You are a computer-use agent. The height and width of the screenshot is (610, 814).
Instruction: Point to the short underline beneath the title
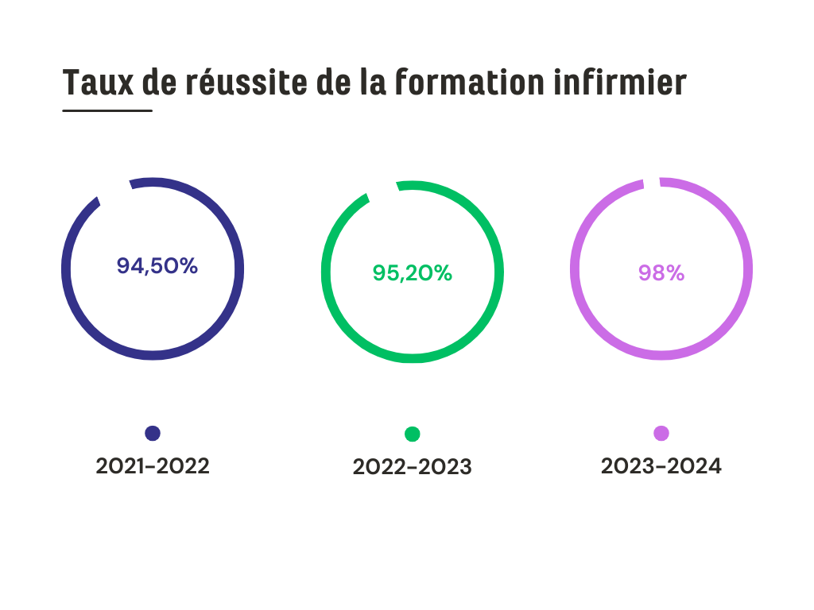tap(107, 110)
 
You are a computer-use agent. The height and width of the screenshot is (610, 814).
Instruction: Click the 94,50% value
tap(157, 266)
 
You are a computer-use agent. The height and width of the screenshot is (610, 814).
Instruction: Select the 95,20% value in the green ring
tap(412, 272)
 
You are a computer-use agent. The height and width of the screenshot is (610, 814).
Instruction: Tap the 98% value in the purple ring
tap(661, 272)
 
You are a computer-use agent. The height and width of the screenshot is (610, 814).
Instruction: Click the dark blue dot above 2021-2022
tap(153, 433)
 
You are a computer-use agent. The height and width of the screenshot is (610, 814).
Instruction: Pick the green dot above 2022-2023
tap(412, 434)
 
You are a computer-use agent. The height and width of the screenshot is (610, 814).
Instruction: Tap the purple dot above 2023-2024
tap(661, 433)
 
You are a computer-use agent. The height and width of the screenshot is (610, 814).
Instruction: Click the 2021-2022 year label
tap(153, 466)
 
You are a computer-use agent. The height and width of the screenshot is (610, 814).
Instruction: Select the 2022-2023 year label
tap(412, 467)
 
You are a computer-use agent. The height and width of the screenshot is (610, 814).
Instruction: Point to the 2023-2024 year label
tap(661, 466)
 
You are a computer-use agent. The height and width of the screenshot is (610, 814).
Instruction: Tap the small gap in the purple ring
tap(651, 182)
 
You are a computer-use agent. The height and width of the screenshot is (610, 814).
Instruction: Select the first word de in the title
tap(160, 82)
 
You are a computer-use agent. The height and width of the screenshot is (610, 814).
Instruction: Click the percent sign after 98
tap(674, 272)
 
